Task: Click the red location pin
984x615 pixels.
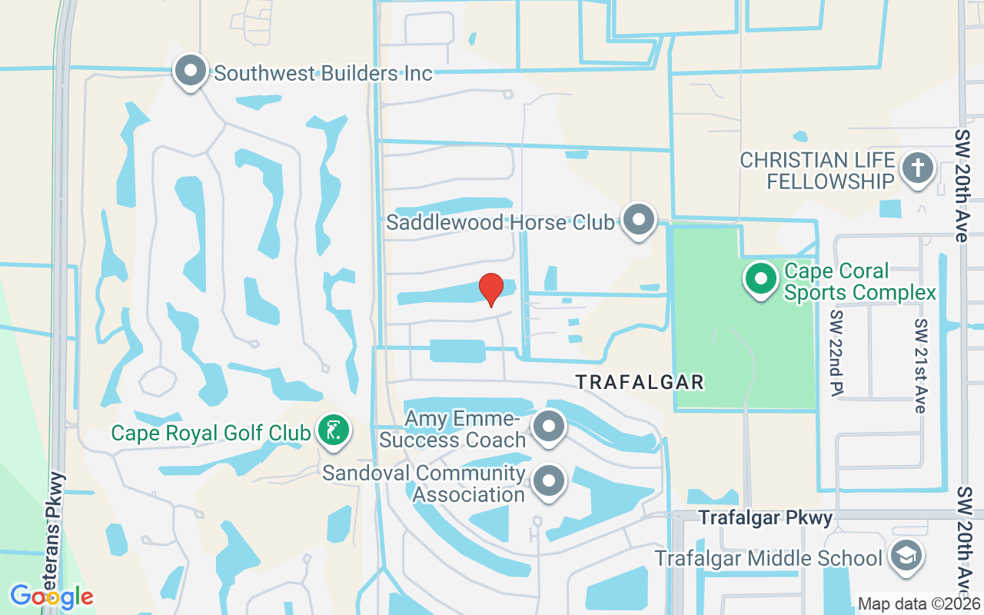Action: click(490, 289)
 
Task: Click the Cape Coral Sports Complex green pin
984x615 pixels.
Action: click(761, 279)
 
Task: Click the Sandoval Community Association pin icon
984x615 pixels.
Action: click(549, 481)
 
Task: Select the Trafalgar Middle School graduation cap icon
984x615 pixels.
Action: click(905, 556)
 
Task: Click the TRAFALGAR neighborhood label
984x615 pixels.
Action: click(640, 382)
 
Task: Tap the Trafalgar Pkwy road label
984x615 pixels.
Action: click(766, 518)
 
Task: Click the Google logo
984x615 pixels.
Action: click(52, 596)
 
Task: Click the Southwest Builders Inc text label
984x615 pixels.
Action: click(323, 74)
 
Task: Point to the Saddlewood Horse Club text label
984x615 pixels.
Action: click(500, 223)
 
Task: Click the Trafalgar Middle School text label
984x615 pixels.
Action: click(768, 558)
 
